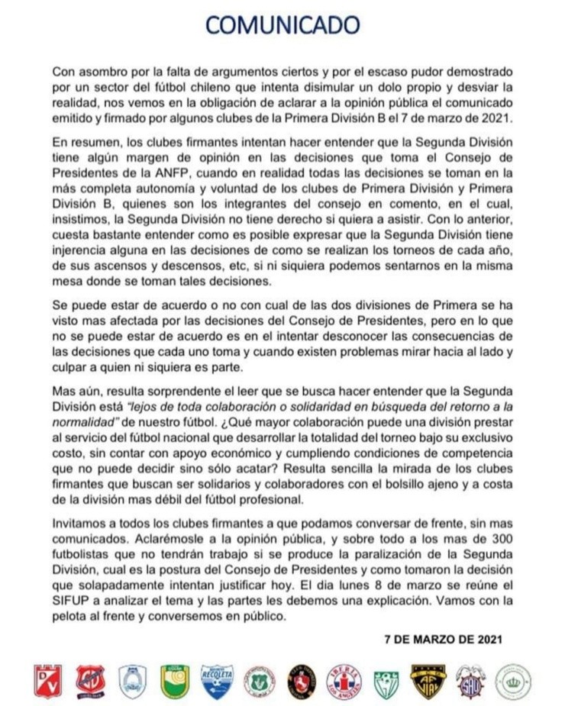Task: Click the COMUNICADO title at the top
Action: (x=282, y=26)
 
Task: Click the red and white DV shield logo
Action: (x=47, y=680)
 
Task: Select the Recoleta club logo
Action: (x=217, y=680)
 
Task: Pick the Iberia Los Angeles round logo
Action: (x=344, y=680)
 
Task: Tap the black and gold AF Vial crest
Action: (x=428, y=680)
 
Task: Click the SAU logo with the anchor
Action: (x=470, y=680)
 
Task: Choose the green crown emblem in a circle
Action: (x=513, y=680)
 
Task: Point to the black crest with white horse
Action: (x=302, y=680)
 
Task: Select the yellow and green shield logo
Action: (x=174, y=680)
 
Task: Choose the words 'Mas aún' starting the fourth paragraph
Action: (x=74, y=391)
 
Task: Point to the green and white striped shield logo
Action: (x=386, y=680)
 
